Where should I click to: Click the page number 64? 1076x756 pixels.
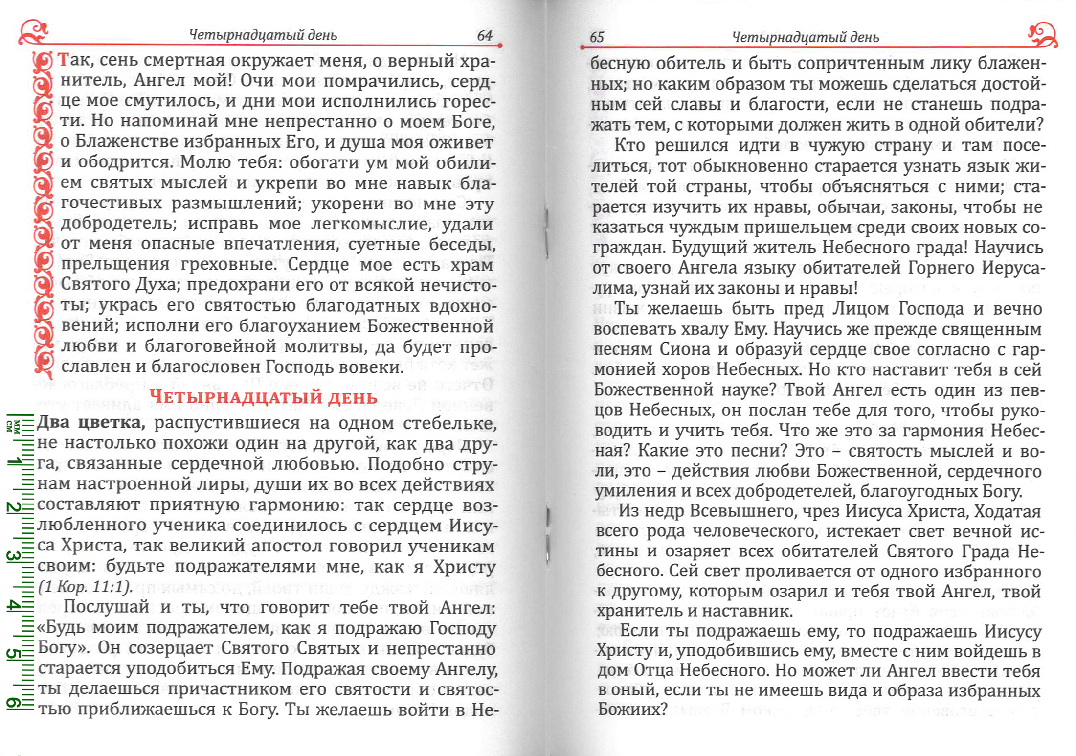tap(484, 35)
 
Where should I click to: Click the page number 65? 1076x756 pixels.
tap(597, 37)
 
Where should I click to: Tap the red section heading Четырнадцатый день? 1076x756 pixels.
tap(263, 396)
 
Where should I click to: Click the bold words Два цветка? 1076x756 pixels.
tap(91, 422)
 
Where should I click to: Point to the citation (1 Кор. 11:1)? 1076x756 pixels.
tap(85, 587)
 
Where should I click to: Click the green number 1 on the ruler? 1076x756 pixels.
tap(15, 461)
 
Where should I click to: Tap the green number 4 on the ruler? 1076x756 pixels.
tap(13, 606)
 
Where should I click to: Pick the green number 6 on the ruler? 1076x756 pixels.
tap(13, 703)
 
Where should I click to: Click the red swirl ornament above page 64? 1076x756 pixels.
tap(33, 32)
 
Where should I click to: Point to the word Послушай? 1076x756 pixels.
tap(106, 607)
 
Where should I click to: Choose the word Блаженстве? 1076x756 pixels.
tap(128, 141)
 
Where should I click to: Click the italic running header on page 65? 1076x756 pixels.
tap(805, 37)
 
